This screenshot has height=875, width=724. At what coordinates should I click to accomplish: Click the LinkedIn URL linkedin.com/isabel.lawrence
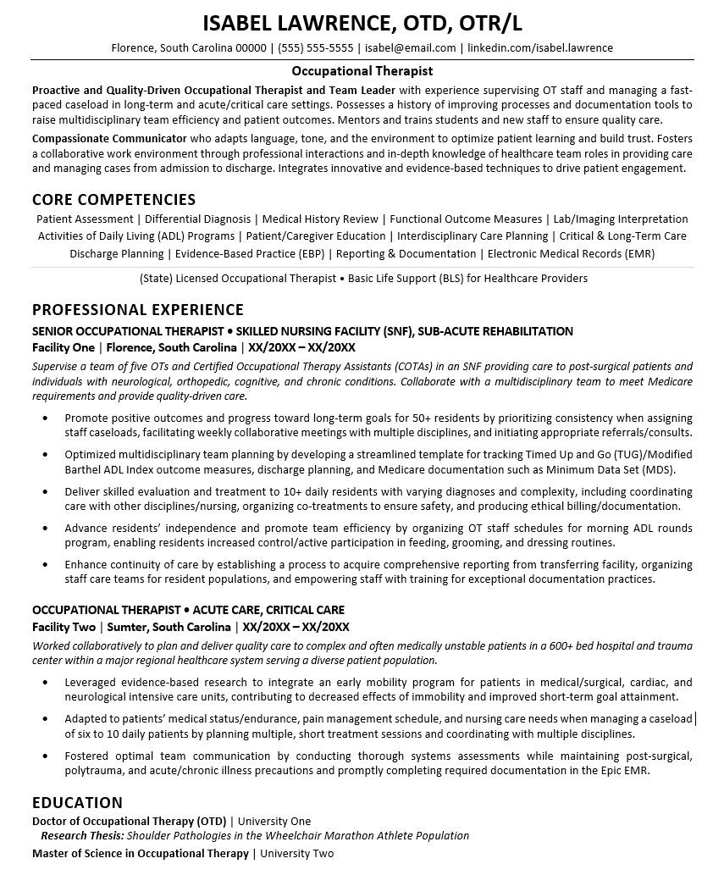[x=540, y=48]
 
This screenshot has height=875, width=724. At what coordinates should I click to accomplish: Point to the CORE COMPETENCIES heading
[x=113, y=200]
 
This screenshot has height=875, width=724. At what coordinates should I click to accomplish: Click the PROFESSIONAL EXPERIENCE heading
[x=137, y=310]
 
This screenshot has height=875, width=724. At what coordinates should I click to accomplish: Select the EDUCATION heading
[x=77, y=802]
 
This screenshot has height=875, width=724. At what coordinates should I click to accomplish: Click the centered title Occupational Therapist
[x=362, y=71]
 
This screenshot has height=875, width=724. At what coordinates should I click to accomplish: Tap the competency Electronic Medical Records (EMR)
[x=572, y=253]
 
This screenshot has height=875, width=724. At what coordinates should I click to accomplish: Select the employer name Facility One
[x=63, y=347]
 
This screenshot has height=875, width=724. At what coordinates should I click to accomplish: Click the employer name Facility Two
[x=63, y=627]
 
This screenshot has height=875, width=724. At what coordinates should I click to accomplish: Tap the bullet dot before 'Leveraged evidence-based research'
[x=44, y=683]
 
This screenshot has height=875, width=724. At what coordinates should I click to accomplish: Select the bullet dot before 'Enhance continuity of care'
[x=44, y=565]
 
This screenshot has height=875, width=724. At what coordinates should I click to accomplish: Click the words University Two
[x=297, y=854]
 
